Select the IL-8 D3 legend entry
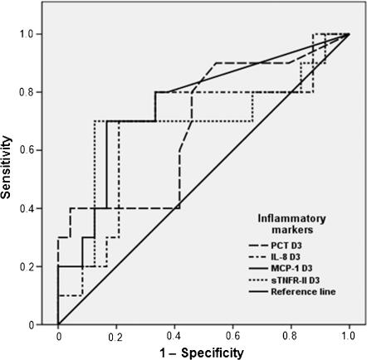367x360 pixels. [291, 258]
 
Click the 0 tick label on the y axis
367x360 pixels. [42, 324]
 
